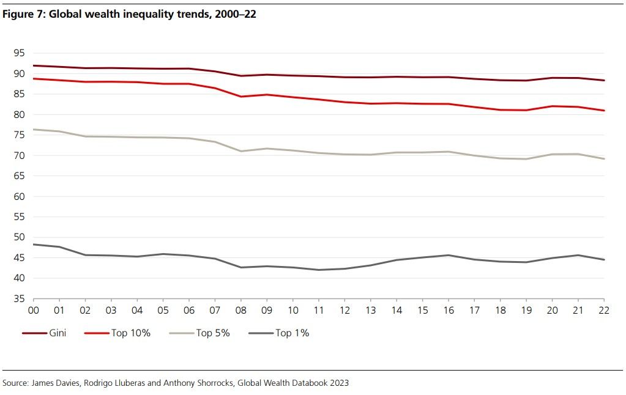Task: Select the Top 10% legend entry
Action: coord(130,333)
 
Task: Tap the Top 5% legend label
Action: coord(212,333)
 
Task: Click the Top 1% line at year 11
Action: coord(319,270)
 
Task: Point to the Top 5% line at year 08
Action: coord(241,151)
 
